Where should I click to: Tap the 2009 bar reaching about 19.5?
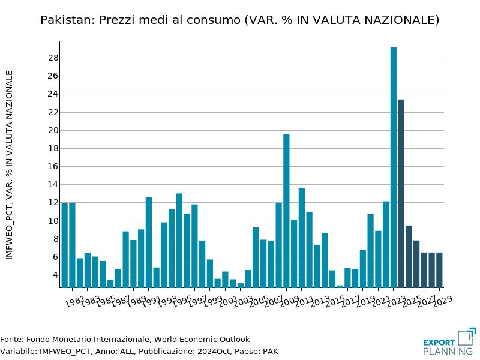286,211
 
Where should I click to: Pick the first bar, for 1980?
64,245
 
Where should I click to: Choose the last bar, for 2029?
439,270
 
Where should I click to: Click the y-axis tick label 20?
53,130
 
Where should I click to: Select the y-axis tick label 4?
55,275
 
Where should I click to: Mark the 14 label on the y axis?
53,185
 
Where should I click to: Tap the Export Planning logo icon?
466,337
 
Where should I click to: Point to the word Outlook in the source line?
233,340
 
